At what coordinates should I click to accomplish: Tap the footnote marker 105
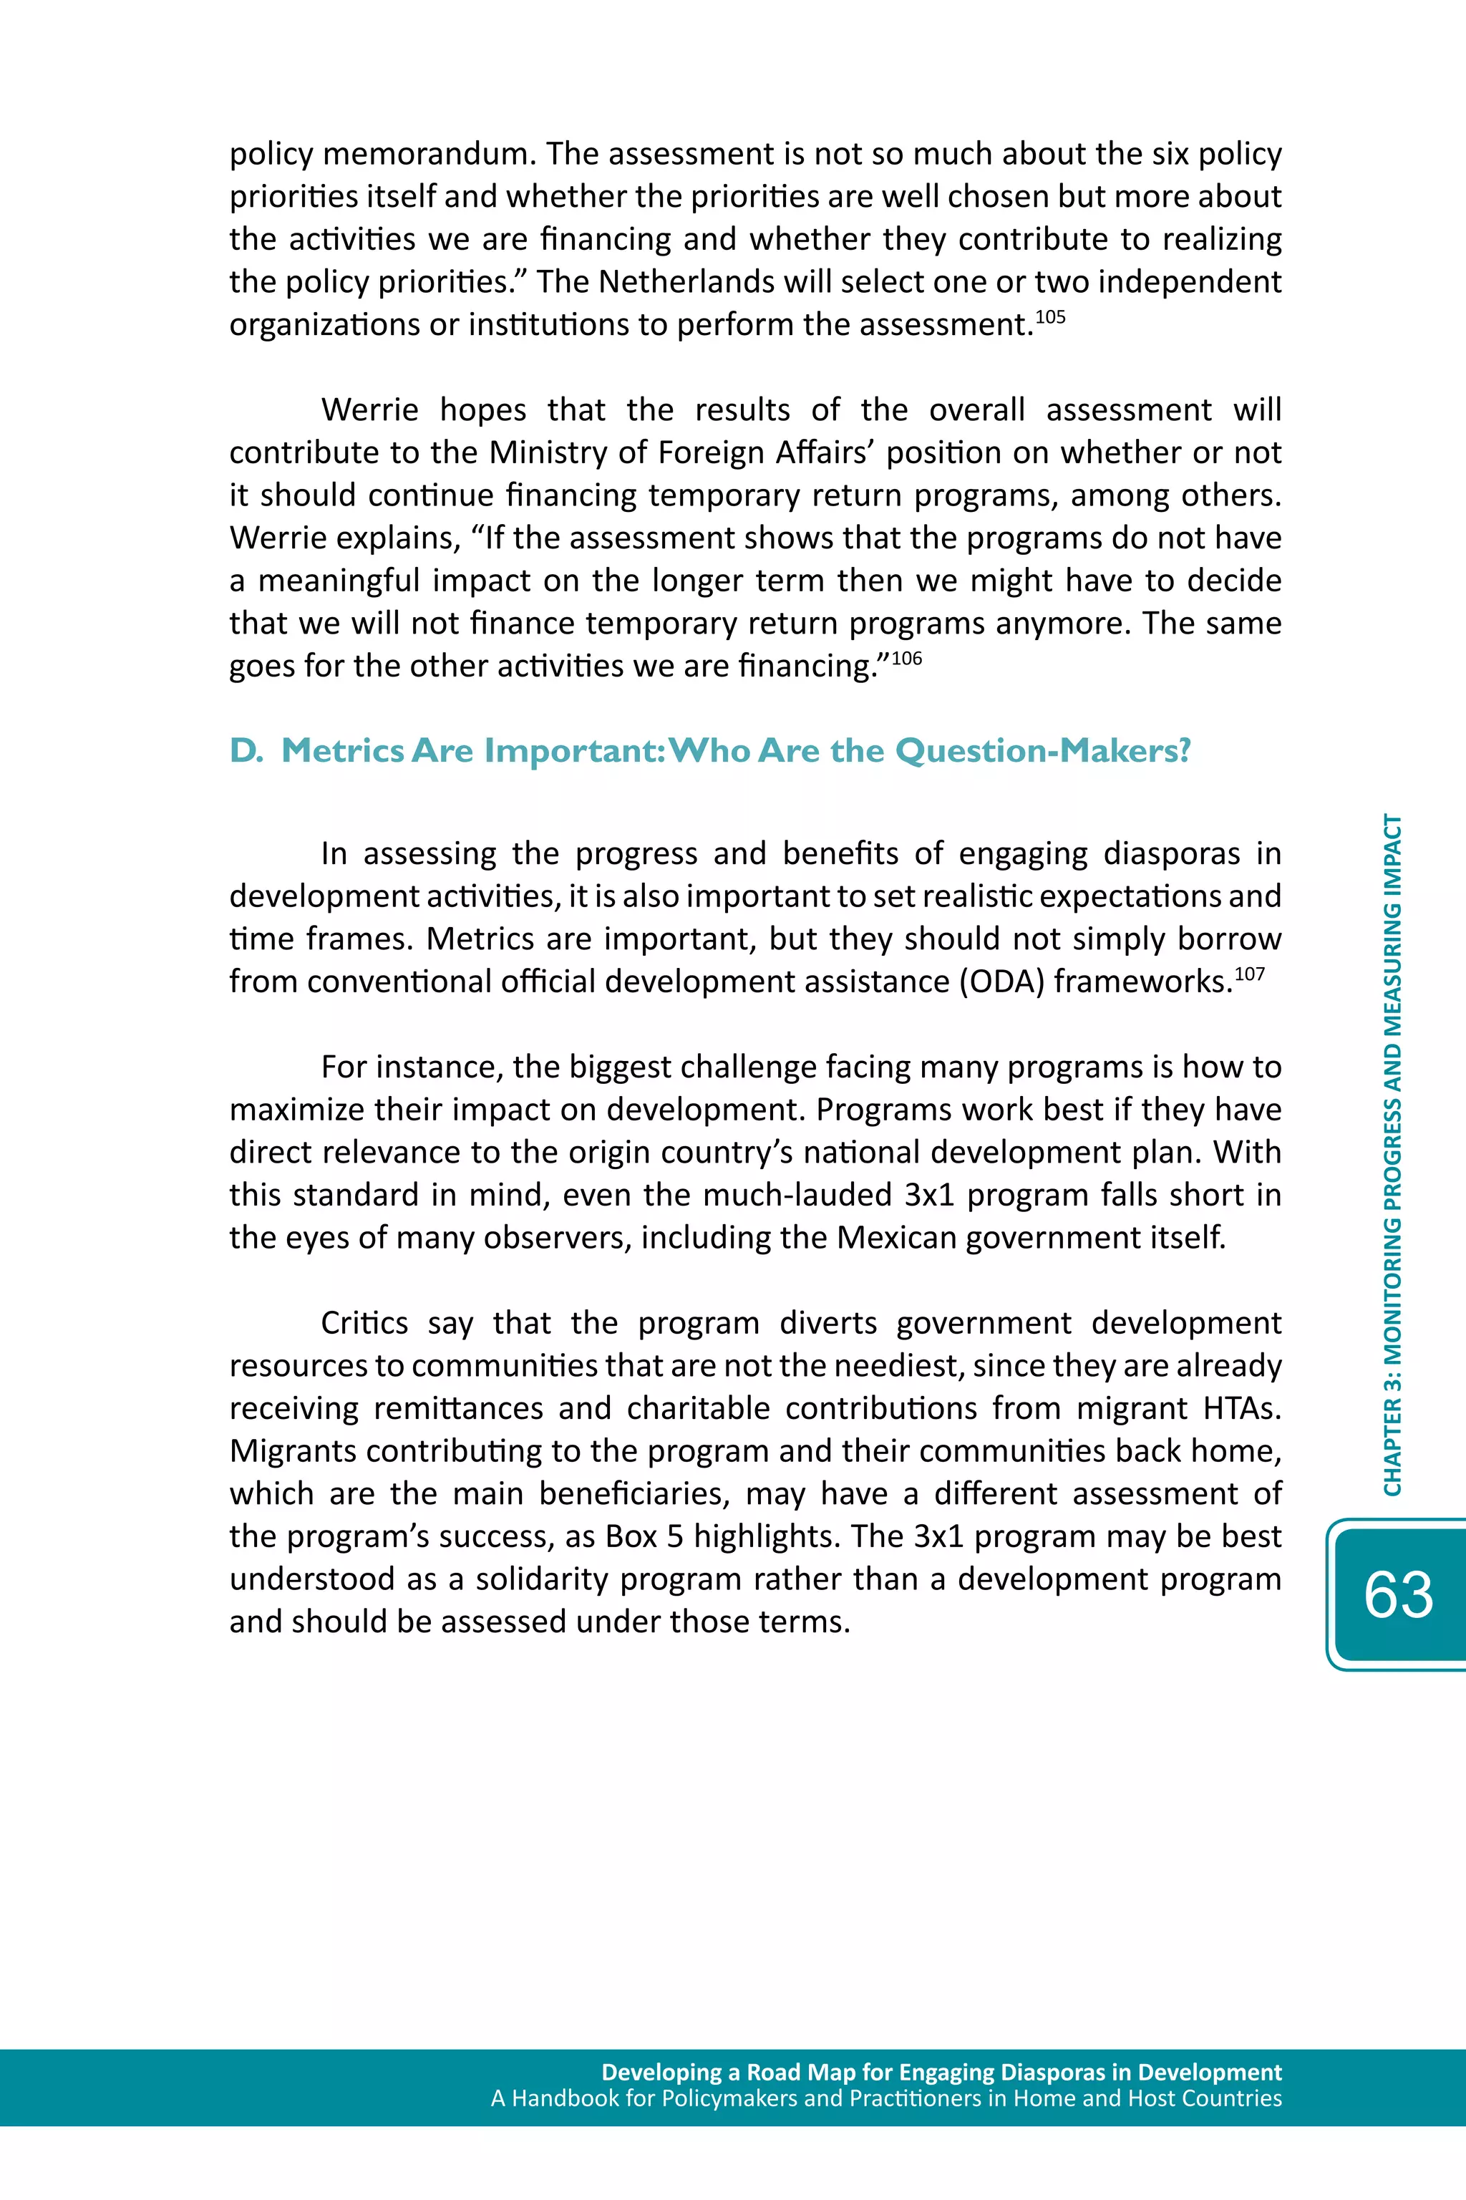point(1051,317)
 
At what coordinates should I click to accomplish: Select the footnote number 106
point(906,658)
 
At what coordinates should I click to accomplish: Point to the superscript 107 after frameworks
point(1249,974)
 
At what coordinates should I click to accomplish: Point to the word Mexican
point(897,1238)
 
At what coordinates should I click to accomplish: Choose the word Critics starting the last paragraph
point(364,1323)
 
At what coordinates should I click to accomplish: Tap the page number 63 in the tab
point(1398,1595)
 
